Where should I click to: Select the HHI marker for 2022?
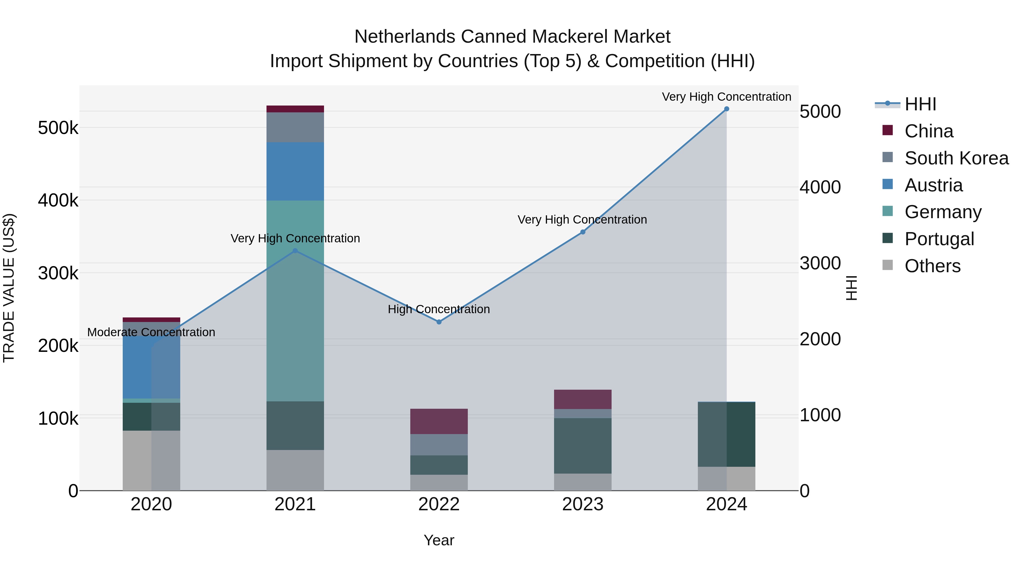(x=439, y=322)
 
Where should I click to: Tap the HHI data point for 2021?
(x=295, y=251)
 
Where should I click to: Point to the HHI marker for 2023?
(x=583, y=232)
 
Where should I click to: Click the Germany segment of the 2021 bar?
(x=295, y=301)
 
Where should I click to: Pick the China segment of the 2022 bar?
(x=439, y=421)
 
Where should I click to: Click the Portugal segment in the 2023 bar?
(x=583, y=446)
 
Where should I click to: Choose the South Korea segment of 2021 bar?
(x=295, y=127)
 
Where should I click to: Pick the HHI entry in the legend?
(x=920, y=104)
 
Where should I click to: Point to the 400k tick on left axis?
(x=58, y=200)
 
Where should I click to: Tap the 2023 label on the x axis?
(x=583, y=504)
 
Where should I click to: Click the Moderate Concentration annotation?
(x=151, y=332)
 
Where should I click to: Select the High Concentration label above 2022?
(x=439, y=309)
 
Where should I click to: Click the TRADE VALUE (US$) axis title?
(x=9, y=288)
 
